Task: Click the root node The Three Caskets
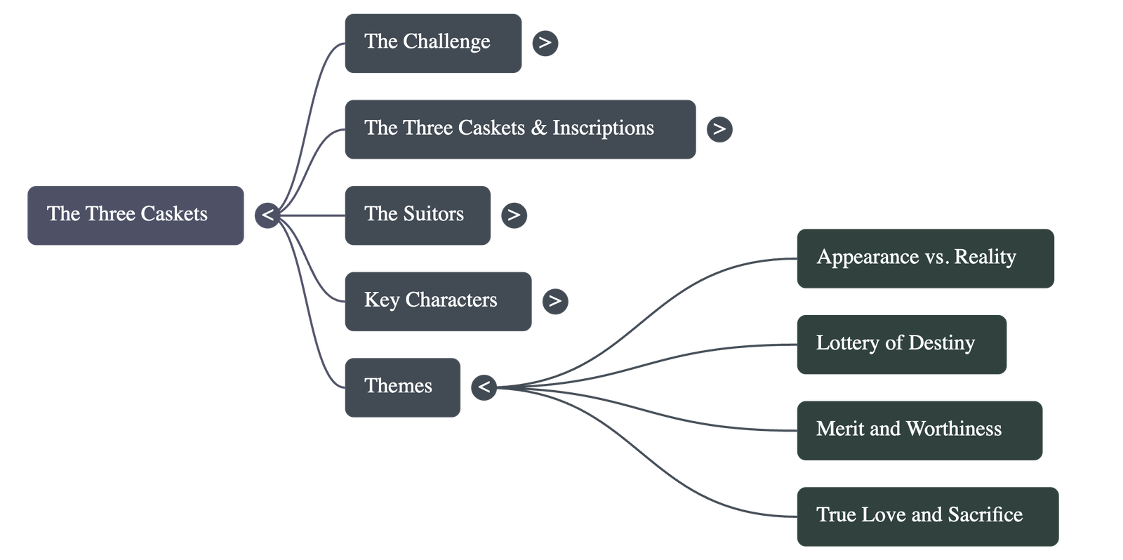click(135, 215)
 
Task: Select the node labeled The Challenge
click(432, 43)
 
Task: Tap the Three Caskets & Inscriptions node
click(519, 129)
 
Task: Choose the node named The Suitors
click(417, 215)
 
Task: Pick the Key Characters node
click(437, 301)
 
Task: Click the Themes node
click(401, 387)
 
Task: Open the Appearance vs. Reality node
click(924, 258)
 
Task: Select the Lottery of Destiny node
click(901, 344)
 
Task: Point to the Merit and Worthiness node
click(919, 430)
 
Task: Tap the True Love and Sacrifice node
click(926, 516)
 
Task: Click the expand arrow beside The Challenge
click(545, 43)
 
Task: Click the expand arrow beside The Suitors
click(514, 215)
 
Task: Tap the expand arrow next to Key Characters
click(554, 301)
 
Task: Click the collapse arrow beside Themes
click(484, 387)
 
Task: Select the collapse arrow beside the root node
click(267, 215)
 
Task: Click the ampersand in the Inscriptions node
click(538, 128)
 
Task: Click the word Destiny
click(941, 343)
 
